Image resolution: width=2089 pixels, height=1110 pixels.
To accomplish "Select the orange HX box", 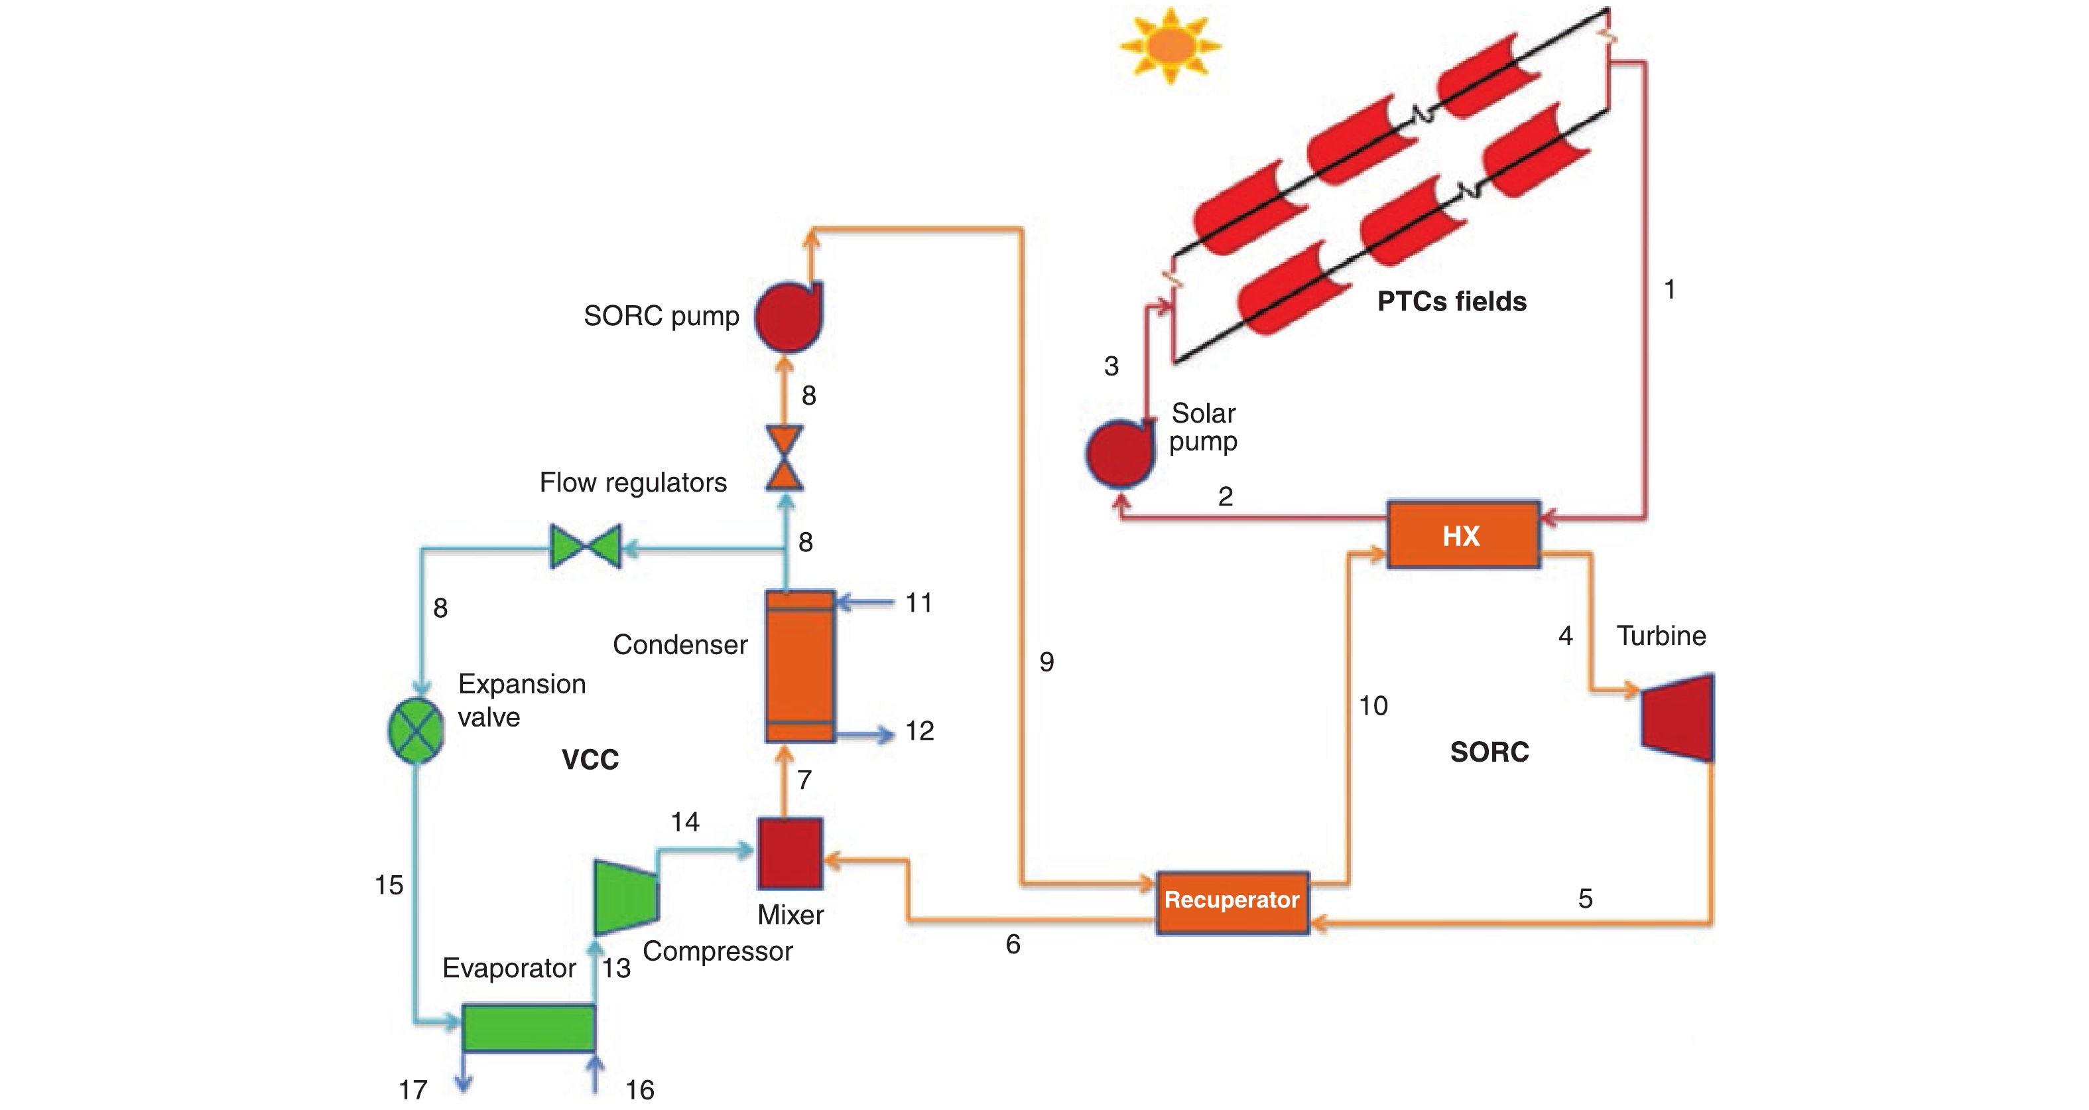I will tap(1463, 535).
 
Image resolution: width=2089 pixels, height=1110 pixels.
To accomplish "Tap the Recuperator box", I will tap(1232, 902).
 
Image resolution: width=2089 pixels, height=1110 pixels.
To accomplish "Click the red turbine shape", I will tap(1678, 717).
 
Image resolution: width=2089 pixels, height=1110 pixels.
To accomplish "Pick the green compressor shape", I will tap(625, 896).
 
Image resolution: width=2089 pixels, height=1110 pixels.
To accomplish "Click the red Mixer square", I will tap(790, 854).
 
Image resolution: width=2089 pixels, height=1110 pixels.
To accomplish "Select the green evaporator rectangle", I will tap(529, 1028).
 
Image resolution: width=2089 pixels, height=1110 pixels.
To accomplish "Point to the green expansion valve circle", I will tap(416, 730).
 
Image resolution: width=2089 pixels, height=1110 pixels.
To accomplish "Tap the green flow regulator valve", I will tap(586, 546).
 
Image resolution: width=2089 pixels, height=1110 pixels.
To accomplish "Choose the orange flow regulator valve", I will tap(785, 458).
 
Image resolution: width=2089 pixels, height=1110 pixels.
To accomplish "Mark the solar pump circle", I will tap(1120, 452).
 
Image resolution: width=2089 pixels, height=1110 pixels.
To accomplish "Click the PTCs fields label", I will tap(1452, 302).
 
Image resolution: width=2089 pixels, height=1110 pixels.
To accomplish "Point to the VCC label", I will tap(590, 760).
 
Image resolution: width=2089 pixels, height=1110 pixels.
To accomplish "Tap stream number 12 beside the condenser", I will tap(920, 731).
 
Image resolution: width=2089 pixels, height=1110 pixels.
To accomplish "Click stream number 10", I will tap(1373, 706).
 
